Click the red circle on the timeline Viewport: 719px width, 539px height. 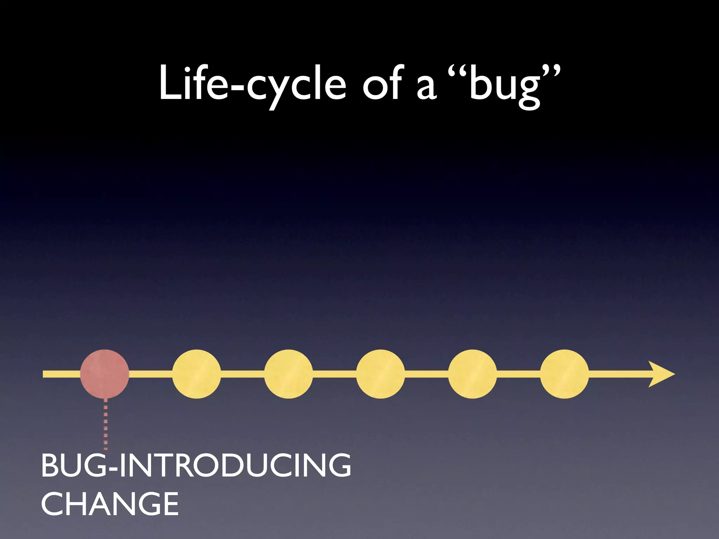click(105, 374)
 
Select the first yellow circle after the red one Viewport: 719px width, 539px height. click(197, 374)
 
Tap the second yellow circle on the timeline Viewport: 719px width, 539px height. click(289, 374)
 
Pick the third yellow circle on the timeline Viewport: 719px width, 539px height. click(381, 374)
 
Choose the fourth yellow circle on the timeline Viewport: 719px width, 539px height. click(473, 374)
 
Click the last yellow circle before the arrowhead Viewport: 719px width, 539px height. click(565, 374)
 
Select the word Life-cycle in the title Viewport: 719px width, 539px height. click(252, 84)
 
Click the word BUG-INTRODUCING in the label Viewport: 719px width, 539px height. click(196, 465)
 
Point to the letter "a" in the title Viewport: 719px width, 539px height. click(426, 88)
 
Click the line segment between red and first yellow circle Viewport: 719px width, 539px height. click(150, 374)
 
